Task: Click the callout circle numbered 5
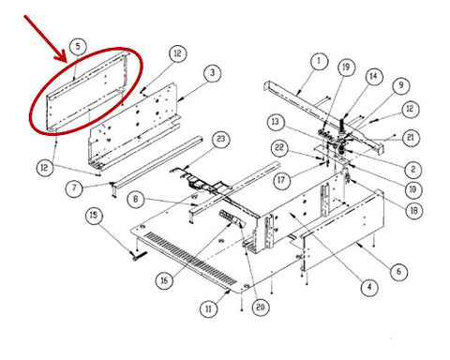(x=78, y=47)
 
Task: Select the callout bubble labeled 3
(x=212, y=73)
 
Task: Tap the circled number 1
(x=319, y=62)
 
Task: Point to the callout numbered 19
(x=346, y=67)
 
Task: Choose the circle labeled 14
(x=374, y=76)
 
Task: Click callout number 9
(x=401, y=85)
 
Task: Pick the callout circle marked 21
(x=411, y=138)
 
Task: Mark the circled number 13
(x=276, y=122)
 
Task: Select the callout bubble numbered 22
(x=279, y=147)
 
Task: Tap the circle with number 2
(x=413, y=170)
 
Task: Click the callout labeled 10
(x=412, y=189)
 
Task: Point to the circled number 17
(x=281, y=180)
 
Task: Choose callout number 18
(x=413, y=210)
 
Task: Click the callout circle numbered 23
(x=220, y=139)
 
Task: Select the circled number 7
(x=74, y=188)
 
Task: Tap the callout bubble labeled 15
(x=94, y=216)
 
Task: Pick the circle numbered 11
(x=208, y=308)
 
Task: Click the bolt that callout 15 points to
(x=137, y=256)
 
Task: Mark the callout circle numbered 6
(x=398, y=271)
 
